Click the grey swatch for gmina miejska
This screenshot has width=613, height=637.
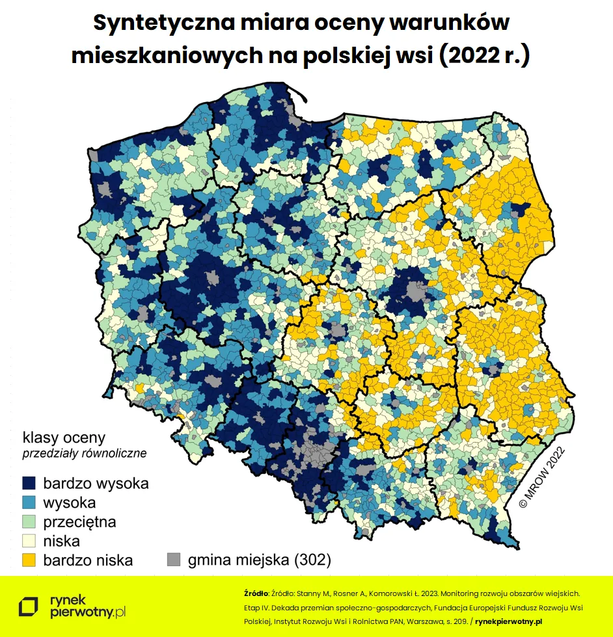point(174,560)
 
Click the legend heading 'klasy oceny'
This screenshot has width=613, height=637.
point(64,437)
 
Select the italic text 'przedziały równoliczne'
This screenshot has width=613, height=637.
point(85,453)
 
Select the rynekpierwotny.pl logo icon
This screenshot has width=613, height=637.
point(29,606)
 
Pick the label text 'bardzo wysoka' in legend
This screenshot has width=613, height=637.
point(96,484)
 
